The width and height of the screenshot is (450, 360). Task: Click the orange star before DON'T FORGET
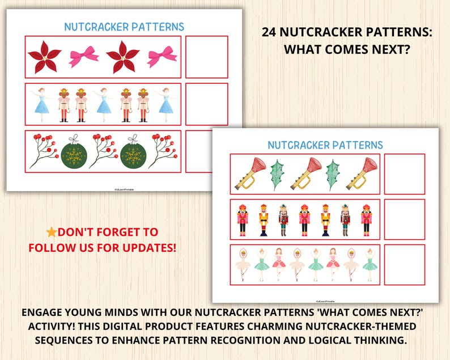(52, 232)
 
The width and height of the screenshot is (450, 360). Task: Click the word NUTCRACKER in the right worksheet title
(298, 145)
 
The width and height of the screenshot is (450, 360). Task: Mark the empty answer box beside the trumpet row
(404, 174)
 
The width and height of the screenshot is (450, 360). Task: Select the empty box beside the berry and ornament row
(206, 151)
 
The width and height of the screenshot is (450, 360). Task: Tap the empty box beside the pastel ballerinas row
(404, 265)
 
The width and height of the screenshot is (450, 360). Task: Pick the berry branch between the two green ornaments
(104, 150)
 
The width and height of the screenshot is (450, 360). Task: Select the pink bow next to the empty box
(162, 57)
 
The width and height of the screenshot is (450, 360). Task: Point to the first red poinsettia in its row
(45, 57)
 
